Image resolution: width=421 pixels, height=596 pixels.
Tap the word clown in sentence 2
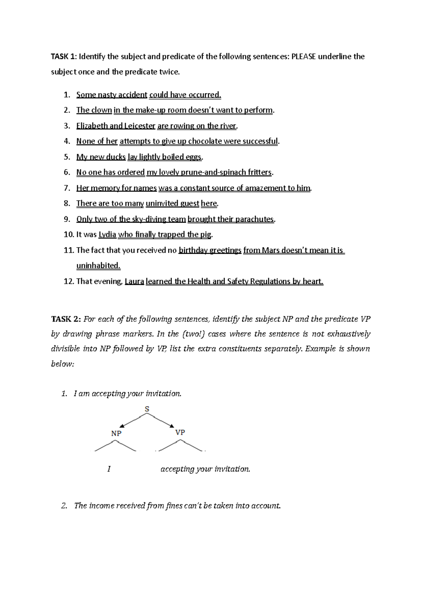pyautogui.click(x=101, y=110)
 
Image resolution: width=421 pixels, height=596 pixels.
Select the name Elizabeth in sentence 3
pyautogui.click(x=92, y=126)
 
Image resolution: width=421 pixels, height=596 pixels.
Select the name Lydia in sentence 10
pyautogui.click(x=107, y=234)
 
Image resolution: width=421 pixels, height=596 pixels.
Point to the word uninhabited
pyautogui.click(x=98, y=266)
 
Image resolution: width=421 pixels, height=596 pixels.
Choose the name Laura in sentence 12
pyautogui.click(x=134, y=282)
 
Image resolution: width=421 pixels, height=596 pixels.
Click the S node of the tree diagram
pyautogui.click(x=147, y=409)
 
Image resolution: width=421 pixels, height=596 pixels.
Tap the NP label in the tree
pyautogui.click(x=116, y=433)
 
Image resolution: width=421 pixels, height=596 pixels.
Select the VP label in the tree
pyautogui.click(x=180, y=432)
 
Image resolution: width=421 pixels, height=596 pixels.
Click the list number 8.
pyautogui.click(x=67, y=204)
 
